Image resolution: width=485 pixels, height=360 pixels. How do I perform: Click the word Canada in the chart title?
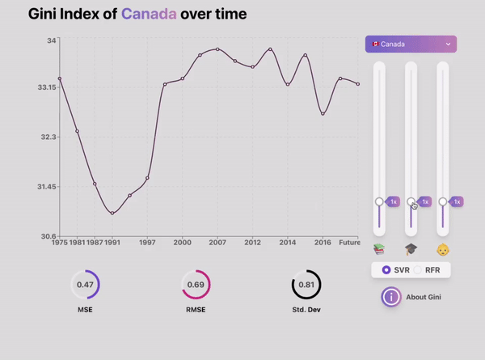pyautogui.click(x=149, y=14)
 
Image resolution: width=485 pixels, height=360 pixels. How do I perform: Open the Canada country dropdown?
pyautogui.click(x=411, y=44)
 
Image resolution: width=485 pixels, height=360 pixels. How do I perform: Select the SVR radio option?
pyautogui.click(x=386, y=269)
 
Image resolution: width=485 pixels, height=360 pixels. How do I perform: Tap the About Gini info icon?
pyautogui.click(x=391, y=297)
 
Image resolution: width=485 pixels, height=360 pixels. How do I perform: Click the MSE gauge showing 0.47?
pyautogui.click(x=85, y=285)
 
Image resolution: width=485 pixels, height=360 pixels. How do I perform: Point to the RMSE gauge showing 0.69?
pyautogui.click(x=196, y=285)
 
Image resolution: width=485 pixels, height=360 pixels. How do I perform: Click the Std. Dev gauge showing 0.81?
pyautogui.click(x=306, y=285)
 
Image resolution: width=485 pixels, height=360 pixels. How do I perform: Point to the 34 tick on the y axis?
pyautogui.click(x=52, y=40)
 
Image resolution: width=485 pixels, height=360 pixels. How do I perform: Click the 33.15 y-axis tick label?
pyautogui.click(x=45, y=87)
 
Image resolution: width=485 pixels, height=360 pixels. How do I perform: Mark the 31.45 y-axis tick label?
pyautogui.click(x=45, y=187)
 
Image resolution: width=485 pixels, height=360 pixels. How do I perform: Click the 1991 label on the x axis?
pyautogui.click(x=112, y=242)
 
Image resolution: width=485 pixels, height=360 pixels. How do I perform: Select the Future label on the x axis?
pyautogui.click(x=349, y=242)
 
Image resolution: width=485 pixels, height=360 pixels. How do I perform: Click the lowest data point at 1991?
pyautogui.click(x=112, y=214)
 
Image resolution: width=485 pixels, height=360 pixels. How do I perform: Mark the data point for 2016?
pyautogui.click(x=323, y=114)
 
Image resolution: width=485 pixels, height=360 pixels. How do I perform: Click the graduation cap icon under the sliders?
pyautogui.click(x=411, y=249)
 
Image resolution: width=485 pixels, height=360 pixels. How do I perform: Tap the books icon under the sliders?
pyautogui.click(x=379, y=249)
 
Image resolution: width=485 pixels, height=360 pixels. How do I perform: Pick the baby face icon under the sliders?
pyautogui.click(x=442, y=249)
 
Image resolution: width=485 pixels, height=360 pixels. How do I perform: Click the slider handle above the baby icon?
pyautogui.click(x=443, y=201)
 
